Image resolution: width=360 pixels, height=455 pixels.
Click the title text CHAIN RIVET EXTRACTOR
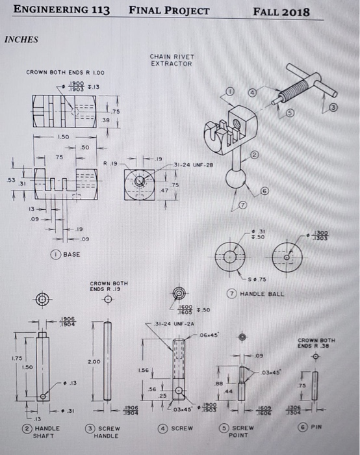coord(171,60)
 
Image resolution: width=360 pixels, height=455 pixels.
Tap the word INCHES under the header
coord(21,39)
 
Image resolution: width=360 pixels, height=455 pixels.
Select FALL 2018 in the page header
coord(281,12)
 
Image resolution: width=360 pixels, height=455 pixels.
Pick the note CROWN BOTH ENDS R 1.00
coord(65,72)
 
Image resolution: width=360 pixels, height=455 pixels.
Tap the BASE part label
coord(71,254)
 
